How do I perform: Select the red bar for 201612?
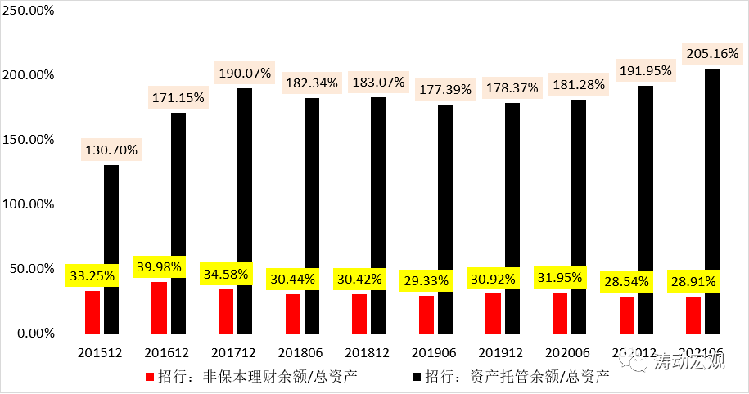pos(159,307)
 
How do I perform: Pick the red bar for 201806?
pos(292,313)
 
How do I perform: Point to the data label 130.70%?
pos(111,150)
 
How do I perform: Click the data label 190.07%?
pos(245,74)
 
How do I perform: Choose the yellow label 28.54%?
pos(626,281)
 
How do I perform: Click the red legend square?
pos(149,377)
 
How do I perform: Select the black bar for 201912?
pos(512,218)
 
